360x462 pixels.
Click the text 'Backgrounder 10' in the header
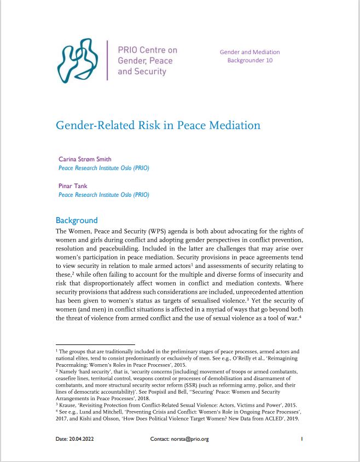(249, 61)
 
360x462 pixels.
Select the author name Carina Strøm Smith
(85, 159)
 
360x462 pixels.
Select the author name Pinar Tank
(73, 186)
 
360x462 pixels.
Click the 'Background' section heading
(77, 220)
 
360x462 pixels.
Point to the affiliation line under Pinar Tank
(103, 195)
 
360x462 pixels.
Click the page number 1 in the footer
(301, 438)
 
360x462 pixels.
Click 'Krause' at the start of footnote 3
(68, 405)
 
